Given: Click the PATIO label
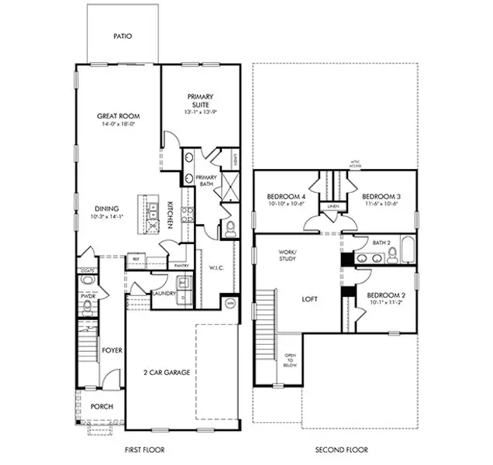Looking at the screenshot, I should click(x=122, y=36).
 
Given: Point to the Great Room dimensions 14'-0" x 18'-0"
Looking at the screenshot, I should click(x=118, y=124).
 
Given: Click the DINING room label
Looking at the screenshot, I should click(x=107, y=208).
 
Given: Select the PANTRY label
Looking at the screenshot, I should click(x=183, y=266).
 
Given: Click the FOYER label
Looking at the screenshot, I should click(x=112, y=350).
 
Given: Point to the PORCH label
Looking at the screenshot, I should click(x=102, y=406).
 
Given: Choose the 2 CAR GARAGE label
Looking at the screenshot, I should click(x=167, y=372).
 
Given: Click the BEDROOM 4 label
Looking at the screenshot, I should click(x=283, y=196).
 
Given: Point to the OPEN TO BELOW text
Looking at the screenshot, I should click(x=290, y=361).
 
